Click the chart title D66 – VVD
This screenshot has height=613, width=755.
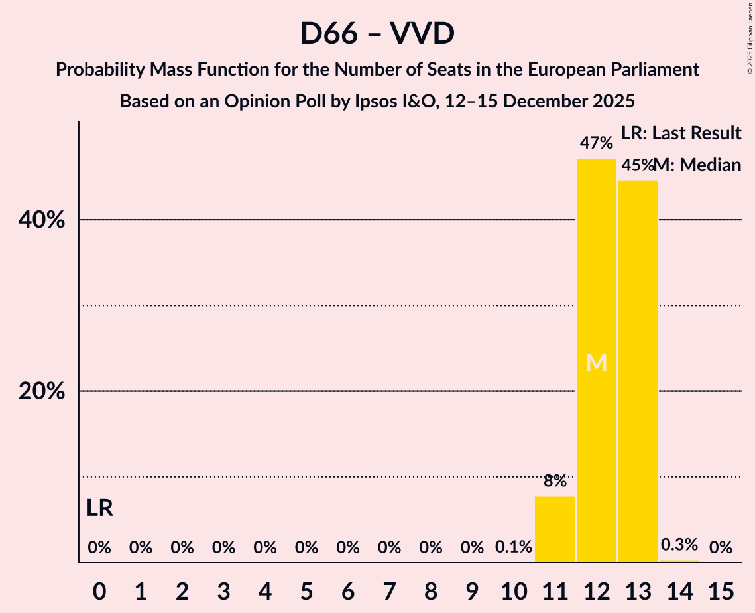[x=377, y=33]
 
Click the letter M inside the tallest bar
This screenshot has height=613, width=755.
[x=597, y=362]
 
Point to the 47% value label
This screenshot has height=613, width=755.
[x=597, y=143]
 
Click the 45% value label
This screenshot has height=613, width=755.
[x=637, y=165]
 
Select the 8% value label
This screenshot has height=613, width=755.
[x=555, y=481]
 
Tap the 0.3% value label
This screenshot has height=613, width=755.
[x=679, y=545]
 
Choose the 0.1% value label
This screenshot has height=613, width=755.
[x=514, y=547]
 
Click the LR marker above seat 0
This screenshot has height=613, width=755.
[x=99, y=509]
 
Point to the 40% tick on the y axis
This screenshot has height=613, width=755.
[x=42, y=220]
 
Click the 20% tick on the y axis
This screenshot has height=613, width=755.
[x=42, y=391]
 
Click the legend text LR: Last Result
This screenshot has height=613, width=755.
[x=681, y=133]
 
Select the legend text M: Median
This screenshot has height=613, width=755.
[x=698, y=165]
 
